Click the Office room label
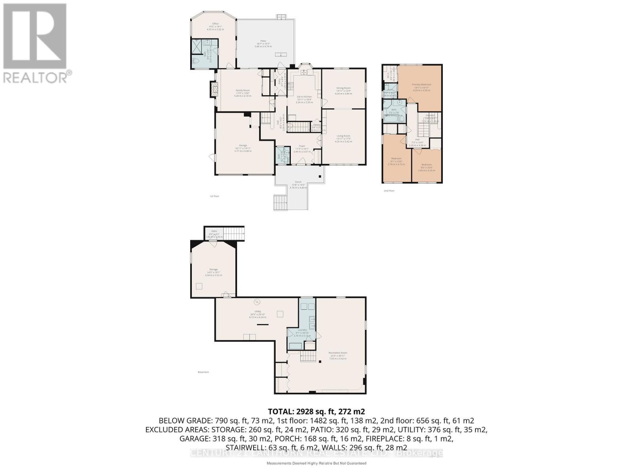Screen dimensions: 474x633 [215, 24]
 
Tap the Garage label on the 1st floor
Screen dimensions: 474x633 [243, 146]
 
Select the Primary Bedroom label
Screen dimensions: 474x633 [421, 85]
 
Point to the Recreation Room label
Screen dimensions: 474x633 [338, 353]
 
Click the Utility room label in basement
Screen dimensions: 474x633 [258, 312]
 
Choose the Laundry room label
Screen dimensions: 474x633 [302, 330]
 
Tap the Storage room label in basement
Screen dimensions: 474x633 [213, 269]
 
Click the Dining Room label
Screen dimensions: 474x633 [343, 88]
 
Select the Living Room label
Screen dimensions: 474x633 [343, 136]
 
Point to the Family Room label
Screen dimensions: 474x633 [243, 90]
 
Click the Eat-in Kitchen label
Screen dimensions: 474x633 [304, 97]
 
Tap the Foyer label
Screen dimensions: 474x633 [302, 146]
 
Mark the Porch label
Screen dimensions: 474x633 [298, 182]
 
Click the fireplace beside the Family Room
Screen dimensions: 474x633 [213, 89]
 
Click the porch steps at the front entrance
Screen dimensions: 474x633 [280, 203]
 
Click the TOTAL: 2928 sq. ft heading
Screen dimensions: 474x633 [316, 411]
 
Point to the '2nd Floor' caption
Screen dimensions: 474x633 [389, 191]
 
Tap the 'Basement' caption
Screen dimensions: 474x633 [203, 372]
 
